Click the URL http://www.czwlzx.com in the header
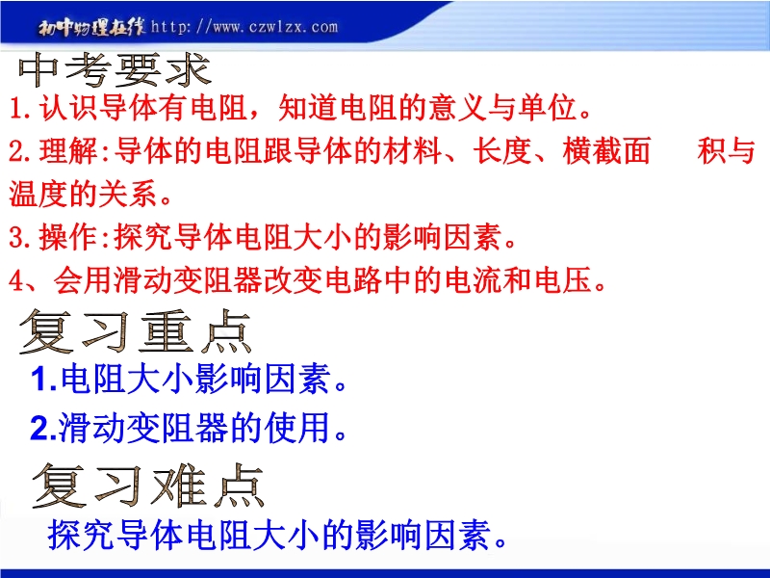tap(244, 27)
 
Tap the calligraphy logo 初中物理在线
tap(91, 28)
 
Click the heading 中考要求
tap(115, 70)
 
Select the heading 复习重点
tap(136, 331)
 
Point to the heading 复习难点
tap(148, 486)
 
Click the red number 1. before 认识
tap(21, 108)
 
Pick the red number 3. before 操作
tap(21, 237)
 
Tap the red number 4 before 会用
tap(16, 280)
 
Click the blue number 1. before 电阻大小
tap(44, 380)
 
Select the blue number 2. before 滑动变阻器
tap(43, 428)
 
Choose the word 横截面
tap(607, 151)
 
